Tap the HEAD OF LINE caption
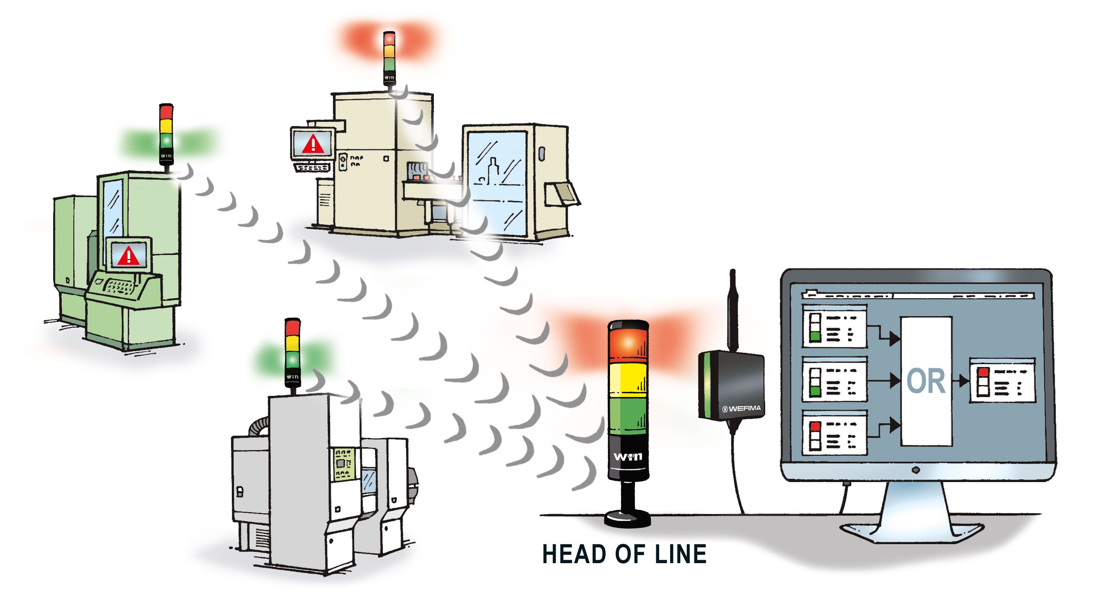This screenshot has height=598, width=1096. coord(624,554)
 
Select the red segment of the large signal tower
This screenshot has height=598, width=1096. coord(628,342)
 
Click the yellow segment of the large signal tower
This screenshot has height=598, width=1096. coord(628,380)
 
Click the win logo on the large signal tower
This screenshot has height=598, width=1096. coord(628,457)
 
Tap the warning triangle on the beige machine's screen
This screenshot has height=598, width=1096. coord(313,144)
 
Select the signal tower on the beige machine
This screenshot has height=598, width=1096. coord(389,58)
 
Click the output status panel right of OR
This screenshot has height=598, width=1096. coord(1002,380)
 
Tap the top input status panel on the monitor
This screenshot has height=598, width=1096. coord(834,327)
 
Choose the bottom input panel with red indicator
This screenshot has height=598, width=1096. coord(834,433)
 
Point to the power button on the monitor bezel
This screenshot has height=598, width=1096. coord(916,470)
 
